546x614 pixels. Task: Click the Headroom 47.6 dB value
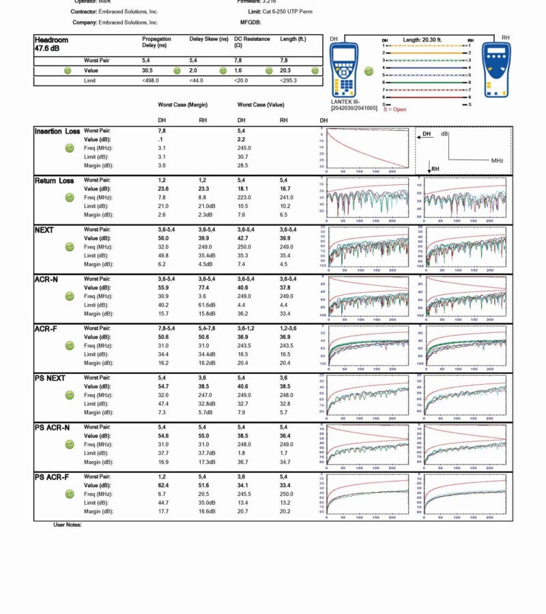click(48, 49)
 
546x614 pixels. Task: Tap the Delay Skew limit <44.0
click(197, 81)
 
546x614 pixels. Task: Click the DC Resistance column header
click(252, 42)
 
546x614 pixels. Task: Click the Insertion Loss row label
click(57, 131)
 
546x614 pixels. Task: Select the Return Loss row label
click(55, 181)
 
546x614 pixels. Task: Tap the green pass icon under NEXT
click(69, 247)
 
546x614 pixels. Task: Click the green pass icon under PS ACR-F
click(69, 494)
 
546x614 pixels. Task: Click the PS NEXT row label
click(51, 378)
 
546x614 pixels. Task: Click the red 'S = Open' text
click(395, 109)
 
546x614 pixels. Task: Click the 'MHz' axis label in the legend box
click(498, 160)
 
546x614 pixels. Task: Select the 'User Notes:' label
click(68, 525)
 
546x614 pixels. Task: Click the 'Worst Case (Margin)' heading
click(183, 105)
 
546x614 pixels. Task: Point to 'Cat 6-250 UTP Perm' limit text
click(289, 12)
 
